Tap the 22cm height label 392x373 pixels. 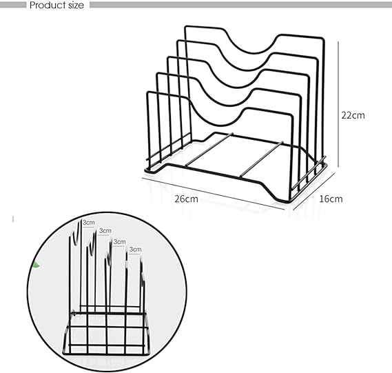[x=353, y=115]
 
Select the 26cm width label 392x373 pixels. [x=186, y=199]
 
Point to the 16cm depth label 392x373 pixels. [x=331, y=199]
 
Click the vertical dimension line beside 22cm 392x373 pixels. [x=338, y=104]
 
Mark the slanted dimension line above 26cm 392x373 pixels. [x=214, y=194]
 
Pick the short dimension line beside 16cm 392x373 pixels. [x=313, y=192]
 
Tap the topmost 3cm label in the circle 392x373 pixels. [x=89, y=223]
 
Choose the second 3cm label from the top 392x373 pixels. [x=105, y=231]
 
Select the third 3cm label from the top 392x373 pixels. [x=119, y=242]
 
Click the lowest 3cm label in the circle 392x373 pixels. [x=135, y=250]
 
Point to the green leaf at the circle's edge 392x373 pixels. [x=37, y=265]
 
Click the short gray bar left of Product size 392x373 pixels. [x=13, y=5]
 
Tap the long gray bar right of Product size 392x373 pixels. [x=240, y=5]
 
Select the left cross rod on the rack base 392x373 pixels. [x=209, y=150]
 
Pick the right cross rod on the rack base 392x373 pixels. [x=262, y=159]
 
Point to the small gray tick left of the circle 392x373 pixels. [x=13, y=219]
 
